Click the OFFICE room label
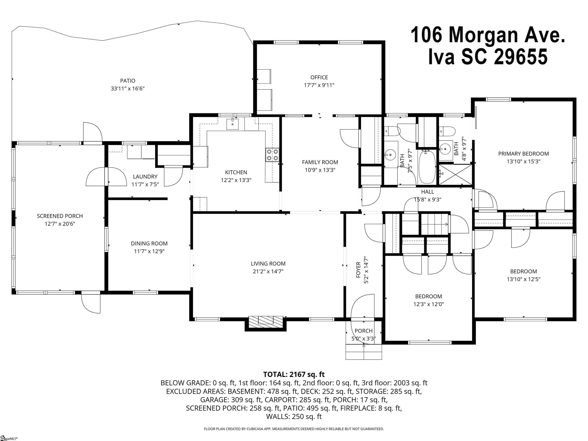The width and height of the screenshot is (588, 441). [x=319, y=77]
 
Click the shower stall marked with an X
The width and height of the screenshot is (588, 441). [x=455, y=174]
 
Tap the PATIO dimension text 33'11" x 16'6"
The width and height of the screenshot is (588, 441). [x=128, y=88]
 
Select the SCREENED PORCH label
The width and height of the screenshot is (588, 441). [x=60, y=216]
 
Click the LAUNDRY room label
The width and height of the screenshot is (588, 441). [x=145, y=176]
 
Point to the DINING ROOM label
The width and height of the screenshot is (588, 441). [x=149, y=243]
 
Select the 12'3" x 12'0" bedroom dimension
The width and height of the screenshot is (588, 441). [x=429, y=304]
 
